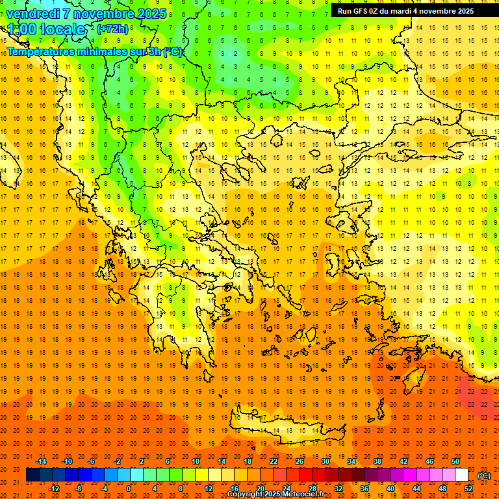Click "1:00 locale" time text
46,29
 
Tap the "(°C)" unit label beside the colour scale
484,476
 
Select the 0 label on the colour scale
128,489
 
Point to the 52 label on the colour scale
468,489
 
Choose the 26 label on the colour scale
300,461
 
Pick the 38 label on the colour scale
377,461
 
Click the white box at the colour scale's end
462,475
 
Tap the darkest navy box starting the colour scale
32,475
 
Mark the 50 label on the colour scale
455,461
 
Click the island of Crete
292,431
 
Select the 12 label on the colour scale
209,489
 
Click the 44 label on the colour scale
416,489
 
